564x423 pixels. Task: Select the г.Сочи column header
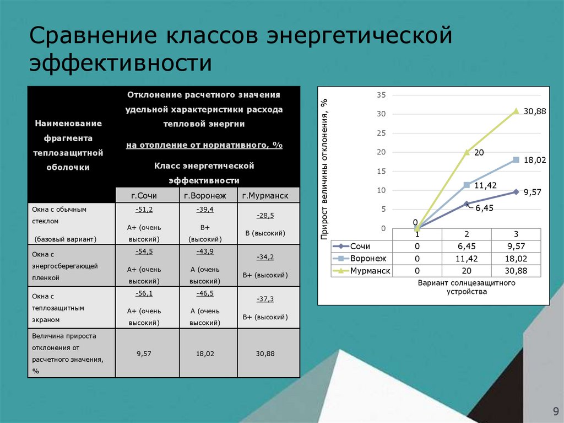click(147, 195)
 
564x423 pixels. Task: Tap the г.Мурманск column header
click(268, 195)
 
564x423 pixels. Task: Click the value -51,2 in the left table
click(144, 210)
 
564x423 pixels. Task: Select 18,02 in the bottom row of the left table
click(205, 354)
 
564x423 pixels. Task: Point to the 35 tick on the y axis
click(381, 95)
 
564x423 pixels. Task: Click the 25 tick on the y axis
click(381, 133)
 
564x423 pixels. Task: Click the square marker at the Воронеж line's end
click(516, 160)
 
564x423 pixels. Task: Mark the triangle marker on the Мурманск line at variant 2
click(467, 152)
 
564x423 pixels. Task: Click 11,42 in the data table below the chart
click(467, 259)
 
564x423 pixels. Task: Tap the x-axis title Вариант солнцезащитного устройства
click(467, 287)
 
